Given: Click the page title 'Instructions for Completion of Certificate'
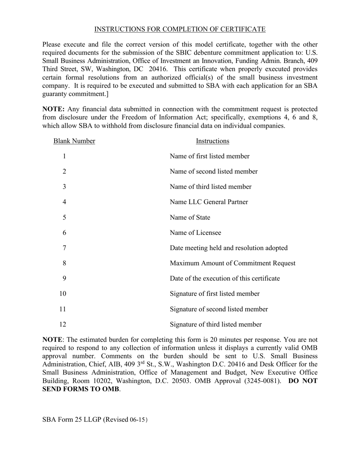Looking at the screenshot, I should tap(180, 29).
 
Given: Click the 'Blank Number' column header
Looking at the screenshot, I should tap(74, 141).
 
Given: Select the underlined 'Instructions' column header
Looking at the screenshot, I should tap(212, 141).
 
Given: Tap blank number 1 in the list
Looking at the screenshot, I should tap(64, 156).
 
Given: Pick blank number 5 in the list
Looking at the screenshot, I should tap(64, 217).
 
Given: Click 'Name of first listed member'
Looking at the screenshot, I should tap(210, 156).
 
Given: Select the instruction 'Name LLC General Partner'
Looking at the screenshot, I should tap(209, 202).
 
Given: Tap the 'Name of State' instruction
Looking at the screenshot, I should tap(190, 217).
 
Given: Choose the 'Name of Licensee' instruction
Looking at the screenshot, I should tap(195, 233).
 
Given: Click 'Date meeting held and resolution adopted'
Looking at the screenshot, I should tap(229, 248).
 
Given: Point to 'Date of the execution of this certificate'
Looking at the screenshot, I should tap(225, 278).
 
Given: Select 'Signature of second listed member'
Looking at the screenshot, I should tap(219, 309).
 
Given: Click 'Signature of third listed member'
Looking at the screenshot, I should tap(216, 324).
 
